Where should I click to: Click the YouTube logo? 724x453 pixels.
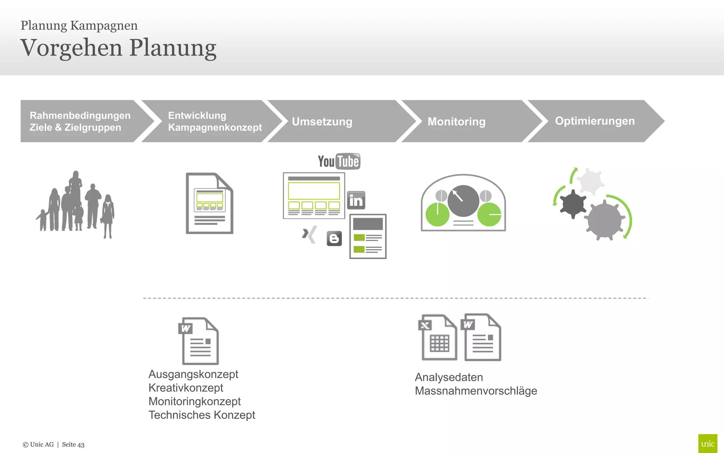point(339,161)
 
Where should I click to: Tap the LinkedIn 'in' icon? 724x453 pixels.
point(356,201)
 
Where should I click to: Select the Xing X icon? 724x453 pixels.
point(309,234)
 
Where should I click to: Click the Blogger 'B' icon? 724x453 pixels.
point(334,239)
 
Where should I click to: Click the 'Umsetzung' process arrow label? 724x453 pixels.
point(322,121)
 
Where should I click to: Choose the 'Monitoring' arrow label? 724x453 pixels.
point(456,121)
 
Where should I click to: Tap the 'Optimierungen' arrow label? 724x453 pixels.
point(595,121)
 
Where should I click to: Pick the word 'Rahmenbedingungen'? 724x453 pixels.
point(80,115)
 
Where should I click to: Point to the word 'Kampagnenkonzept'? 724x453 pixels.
point(215,127)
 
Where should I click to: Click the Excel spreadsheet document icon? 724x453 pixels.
point(438,338)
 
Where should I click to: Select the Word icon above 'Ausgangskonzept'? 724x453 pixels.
point(199,341)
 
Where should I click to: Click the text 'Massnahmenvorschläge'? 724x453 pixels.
point(476,391)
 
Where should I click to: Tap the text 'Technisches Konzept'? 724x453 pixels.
point(202,415)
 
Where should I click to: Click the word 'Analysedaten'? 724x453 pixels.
point(449,377)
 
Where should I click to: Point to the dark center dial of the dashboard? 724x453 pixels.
point(463,201)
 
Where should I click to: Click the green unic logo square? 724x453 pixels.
point(707,443)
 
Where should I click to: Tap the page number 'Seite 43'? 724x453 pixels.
point(73,445)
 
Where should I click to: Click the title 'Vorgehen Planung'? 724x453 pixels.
point(118,48)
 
